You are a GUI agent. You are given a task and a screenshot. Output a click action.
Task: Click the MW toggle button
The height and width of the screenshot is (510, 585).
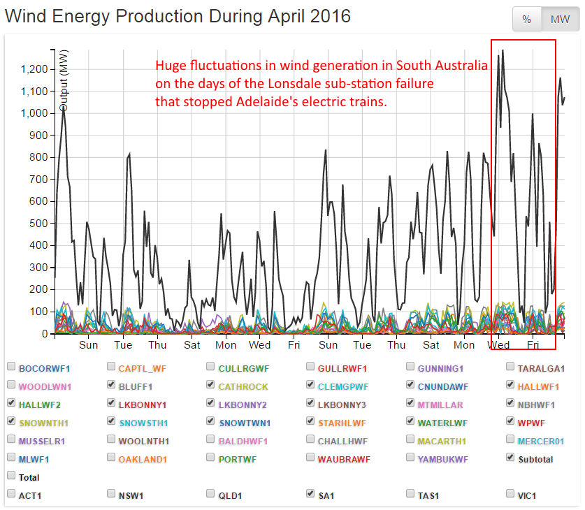(560, 20)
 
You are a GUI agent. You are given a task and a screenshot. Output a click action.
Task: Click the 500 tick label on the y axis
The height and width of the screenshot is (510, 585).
(39, 224)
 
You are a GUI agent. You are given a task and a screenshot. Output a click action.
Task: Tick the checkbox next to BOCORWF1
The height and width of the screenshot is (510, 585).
(11, 367)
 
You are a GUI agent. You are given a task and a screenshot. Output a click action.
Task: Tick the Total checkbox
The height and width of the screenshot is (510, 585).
(11, 476)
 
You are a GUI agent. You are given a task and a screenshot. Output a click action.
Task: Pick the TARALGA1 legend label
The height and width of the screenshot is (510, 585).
(540, 367)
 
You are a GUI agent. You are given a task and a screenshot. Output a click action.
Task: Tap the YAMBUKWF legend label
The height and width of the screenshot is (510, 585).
(442, 459)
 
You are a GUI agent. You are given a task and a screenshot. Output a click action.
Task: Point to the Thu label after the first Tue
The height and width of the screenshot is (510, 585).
(157, 345)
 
